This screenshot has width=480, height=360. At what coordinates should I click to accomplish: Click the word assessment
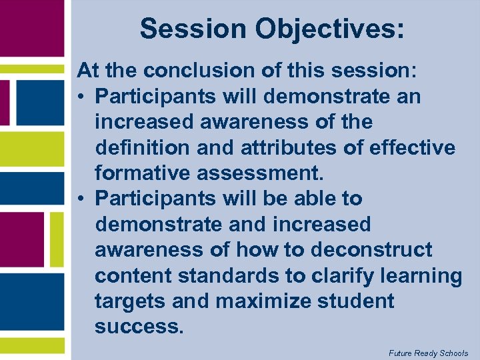tap(260, 173)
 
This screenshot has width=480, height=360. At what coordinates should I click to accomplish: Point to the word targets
tap(130, 301)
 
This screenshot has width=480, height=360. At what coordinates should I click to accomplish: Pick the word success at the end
tap(138, 327)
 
